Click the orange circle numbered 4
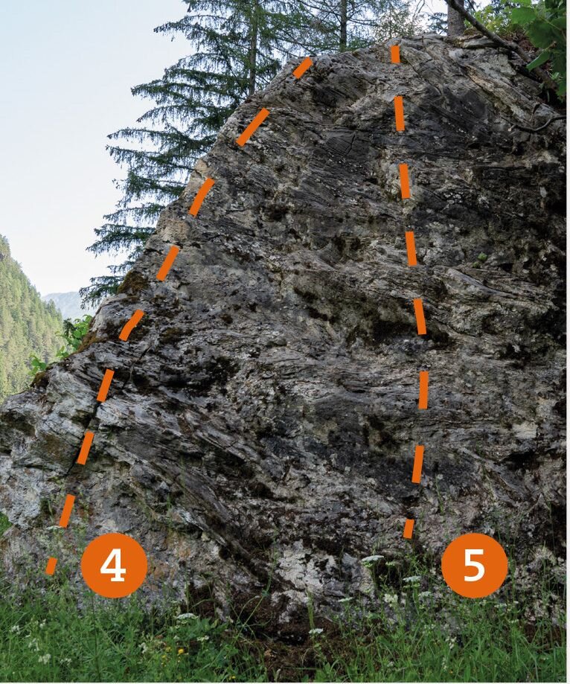click(x=114, y=566)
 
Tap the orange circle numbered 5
click(x=475, y=566)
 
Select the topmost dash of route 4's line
click(x=303, y=68)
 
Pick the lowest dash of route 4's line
click(x=51, y=566)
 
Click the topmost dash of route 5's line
click(x=395, y=54)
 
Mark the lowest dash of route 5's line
click(x=409, y=528)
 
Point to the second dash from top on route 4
click(x=252, y=127)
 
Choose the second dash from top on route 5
click(x=400, y=114)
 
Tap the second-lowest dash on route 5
click(x=417, y=464)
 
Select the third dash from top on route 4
click(x=202, y=196)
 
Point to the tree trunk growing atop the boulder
click(x=455, y=17)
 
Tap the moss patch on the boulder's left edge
click(x=133, y=283)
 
